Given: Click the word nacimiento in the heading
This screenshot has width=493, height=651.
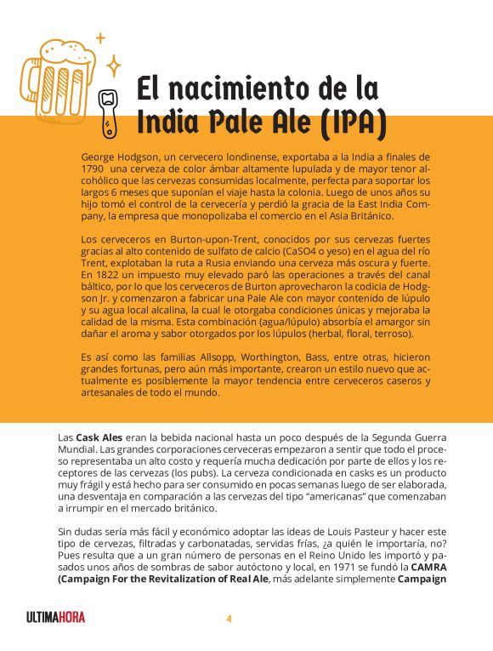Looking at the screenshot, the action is pos(245,89).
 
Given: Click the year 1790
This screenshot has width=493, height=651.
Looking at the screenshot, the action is pos(94,168).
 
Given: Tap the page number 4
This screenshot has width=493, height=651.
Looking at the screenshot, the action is pos(229,619).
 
